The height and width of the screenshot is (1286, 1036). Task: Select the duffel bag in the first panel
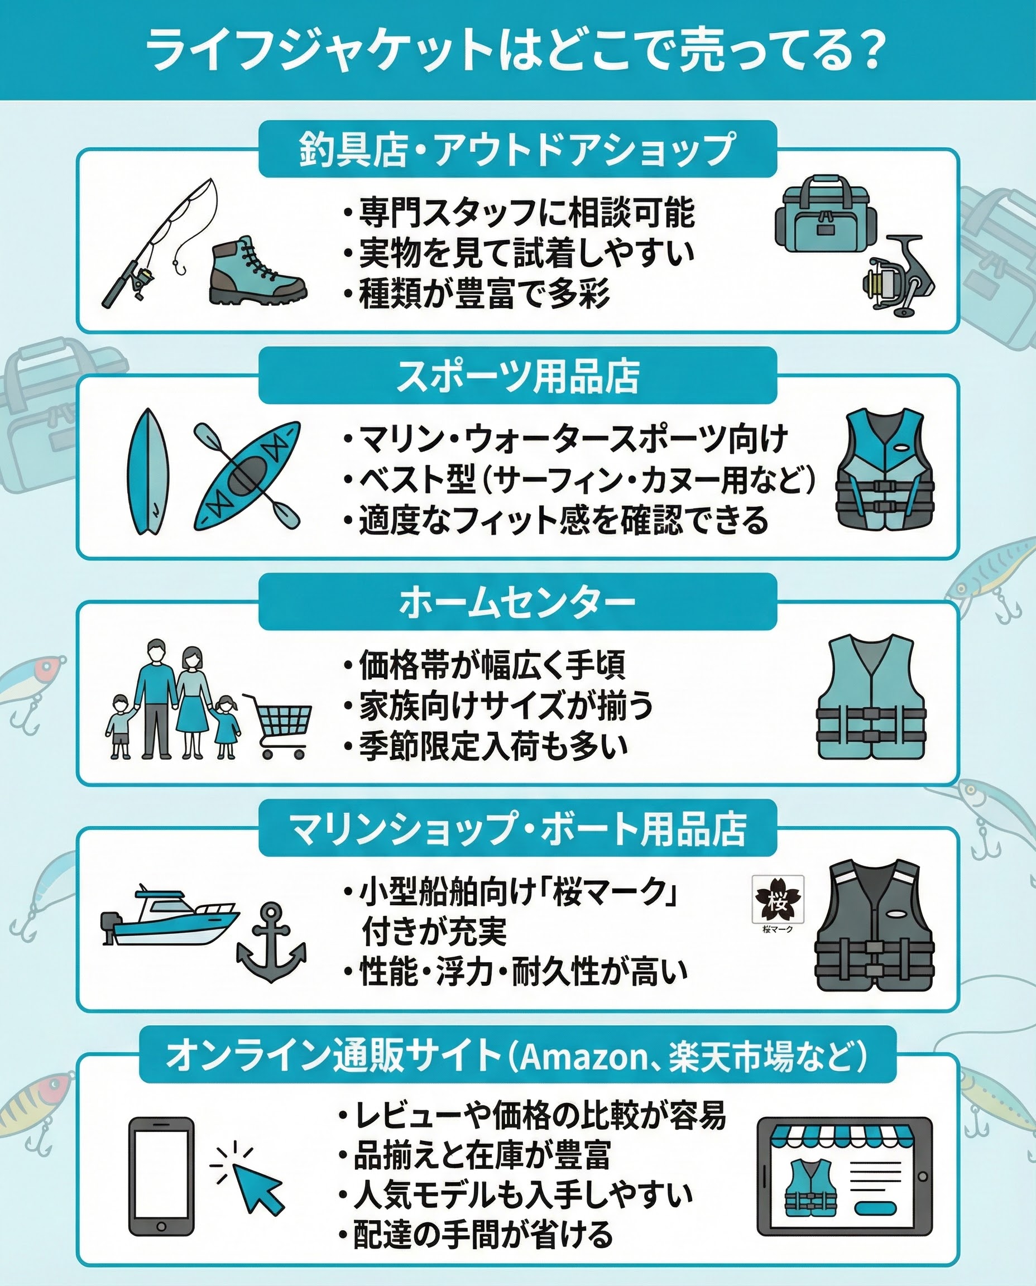(x=826, y=214)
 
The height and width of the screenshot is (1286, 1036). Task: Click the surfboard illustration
(x=148, y=472)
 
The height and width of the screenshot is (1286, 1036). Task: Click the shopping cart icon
(x=277, y=725)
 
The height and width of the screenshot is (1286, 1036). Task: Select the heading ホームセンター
(x=517, y=602)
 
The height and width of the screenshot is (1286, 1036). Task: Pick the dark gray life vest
(x=874, y=925)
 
